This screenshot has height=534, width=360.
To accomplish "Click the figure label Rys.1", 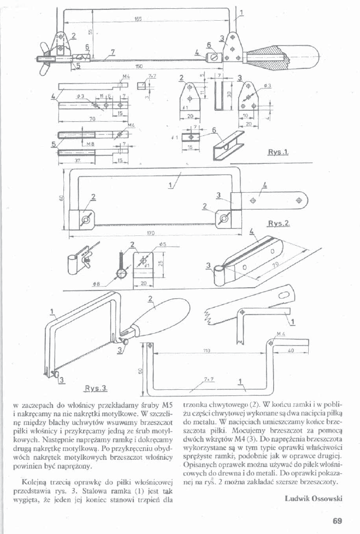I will click(x=278, y=153).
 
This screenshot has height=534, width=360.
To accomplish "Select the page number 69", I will click(x=337, y=521).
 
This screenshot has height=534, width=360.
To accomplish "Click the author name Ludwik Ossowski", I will click(x=313, y=498).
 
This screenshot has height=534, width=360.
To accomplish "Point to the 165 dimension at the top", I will click(x=138, y=19).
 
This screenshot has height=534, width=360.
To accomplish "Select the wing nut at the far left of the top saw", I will click(x=44, y=58).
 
